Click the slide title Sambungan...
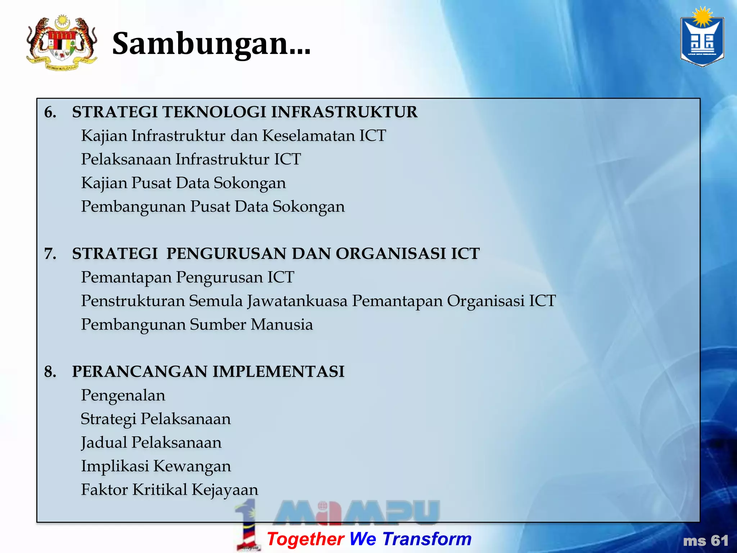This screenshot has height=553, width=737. click(x=211, y=44)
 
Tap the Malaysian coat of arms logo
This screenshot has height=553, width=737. click(x=62, y=42)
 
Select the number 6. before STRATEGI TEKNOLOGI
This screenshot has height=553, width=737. click(x=50, y=112)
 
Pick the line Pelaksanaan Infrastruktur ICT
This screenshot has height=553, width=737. click(x=191, y=159)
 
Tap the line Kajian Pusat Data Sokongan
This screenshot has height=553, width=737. click(x=184, y=183)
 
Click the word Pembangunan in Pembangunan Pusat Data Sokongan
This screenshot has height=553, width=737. click(x=133, y=207)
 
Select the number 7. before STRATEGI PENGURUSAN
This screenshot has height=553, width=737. click(x=50, y=254)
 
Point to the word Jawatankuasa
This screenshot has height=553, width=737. click(x=297, y=301)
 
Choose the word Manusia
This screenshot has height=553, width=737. click(x=282, y=325)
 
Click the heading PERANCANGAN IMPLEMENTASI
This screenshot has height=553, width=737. click(x=208, y=372)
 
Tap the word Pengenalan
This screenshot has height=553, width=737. click(x=123, y=396)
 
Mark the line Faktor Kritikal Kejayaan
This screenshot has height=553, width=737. click(x=169, y=490)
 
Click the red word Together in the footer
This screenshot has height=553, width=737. click(x=306, y=539)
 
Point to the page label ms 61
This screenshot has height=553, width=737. click(x=706, y=541)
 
